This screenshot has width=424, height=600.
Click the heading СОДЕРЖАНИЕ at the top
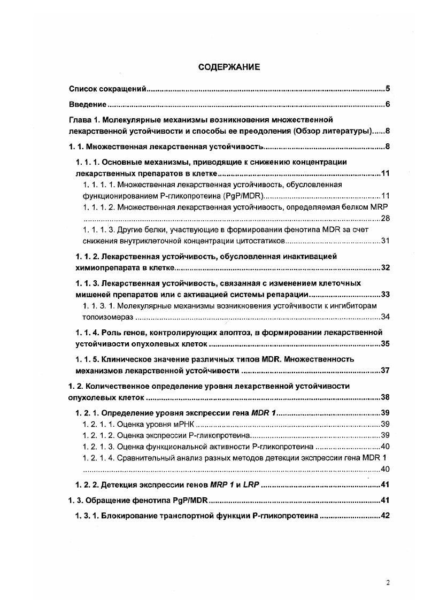(229, 67)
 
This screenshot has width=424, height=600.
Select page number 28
(384, 218)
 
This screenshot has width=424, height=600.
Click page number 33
(384, 294)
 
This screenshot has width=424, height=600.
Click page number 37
(384, 370)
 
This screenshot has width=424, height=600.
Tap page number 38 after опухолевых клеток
(384, 397)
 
